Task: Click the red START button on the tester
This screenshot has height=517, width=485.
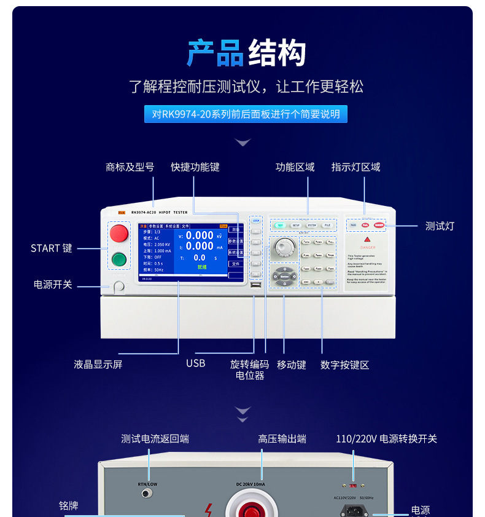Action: point(118,234)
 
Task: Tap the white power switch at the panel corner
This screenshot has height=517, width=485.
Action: point(118,286)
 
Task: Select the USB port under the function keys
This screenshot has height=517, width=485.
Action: point(255,285)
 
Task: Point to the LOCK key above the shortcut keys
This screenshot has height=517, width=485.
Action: point(256,219)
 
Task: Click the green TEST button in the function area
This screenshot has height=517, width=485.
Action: point(279,226)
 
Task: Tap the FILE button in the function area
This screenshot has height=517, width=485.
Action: point(328,226)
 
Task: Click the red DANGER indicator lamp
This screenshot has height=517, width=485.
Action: point(379,225)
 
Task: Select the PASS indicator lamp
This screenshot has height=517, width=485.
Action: point(354,225)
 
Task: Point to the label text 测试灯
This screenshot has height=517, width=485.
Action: point(440,226)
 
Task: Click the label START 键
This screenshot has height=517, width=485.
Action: point(52,248)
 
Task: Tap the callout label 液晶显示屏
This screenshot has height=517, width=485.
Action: point(98,364)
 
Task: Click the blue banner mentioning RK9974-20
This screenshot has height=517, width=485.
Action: point(243,114)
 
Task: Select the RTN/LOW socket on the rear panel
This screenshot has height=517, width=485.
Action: point(147,494)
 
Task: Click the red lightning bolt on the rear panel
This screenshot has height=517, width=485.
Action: point(209,510)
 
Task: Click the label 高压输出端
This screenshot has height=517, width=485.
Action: point(282,439)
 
